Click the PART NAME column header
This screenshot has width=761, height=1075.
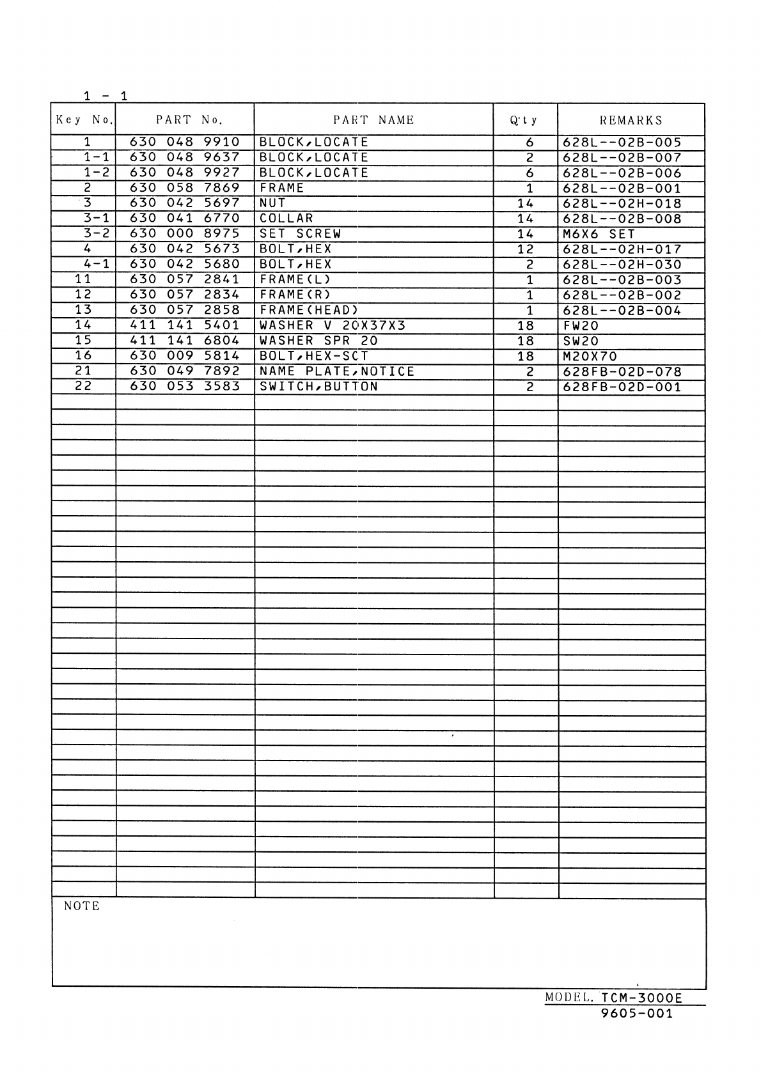[373, 120]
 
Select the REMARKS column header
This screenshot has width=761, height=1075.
[631, 120]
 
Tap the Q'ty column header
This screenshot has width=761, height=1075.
[524, 120]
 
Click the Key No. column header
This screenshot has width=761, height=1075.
[83, 120]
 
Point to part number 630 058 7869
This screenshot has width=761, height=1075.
[184, 188]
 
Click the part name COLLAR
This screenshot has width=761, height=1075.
[286, 219]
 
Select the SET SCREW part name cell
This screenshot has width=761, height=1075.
[300, 234]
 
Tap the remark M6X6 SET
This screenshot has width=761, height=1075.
[599, 234]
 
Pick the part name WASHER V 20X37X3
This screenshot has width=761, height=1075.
[333, 325]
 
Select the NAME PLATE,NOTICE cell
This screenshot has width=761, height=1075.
[337, 371]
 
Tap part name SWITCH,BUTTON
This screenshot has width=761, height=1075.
[318, 387]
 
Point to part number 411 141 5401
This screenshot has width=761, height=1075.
[184, 325]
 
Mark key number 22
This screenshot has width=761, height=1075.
[83, 386]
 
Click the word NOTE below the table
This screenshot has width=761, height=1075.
[82, 906]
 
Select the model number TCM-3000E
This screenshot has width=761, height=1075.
[642, 998]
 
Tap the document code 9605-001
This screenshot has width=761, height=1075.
[637, 1014]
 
